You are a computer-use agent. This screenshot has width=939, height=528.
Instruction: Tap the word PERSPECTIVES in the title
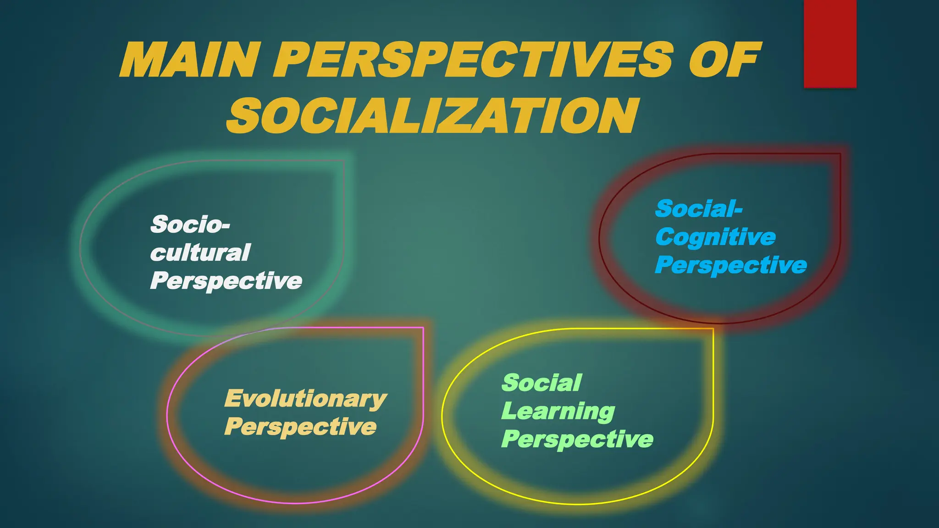tap(473, 60)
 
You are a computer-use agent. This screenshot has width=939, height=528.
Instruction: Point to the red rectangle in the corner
tap(830, 44)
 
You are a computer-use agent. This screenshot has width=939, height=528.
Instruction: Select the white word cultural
tap(200, 253)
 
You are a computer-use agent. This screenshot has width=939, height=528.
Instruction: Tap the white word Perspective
tap(226, 280)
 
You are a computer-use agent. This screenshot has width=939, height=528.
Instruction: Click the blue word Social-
tap(699, 209)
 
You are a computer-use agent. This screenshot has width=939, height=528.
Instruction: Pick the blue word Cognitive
tap(715, 237)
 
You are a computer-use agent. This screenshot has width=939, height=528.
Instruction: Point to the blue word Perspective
tap(731, 265)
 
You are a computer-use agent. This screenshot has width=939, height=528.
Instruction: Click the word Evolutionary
tap(305, 398)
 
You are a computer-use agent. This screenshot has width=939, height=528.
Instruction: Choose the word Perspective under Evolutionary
tap(300, 427)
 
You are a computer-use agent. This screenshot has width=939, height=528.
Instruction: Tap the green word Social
tap(541, 383)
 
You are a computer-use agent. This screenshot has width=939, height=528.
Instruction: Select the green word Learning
tap(558, 411)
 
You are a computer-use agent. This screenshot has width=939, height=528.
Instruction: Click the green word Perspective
tap(577, 439)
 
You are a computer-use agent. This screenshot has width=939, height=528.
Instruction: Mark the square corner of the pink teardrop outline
tap(423, 328)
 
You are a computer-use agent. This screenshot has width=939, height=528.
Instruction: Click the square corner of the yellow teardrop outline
tap(713, 329)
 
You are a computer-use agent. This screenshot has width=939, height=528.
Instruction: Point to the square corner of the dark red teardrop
tap(840, 154)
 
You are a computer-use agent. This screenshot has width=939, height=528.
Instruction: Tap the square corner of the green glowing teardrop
tap(343, 161)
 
